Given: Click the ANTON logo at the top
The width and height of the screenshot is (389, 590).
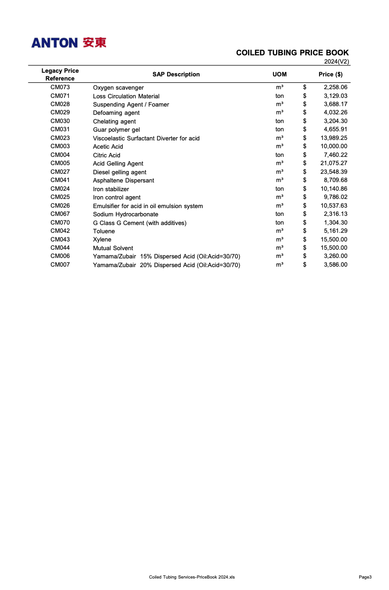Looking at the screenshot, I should tap(69, 43).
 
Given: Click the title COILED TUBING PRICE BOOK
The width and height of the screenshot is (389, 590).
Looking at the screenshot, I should tap(292, 53).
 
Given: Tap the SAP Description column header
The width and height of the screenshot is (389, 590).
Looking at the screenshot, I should tap(176, 75).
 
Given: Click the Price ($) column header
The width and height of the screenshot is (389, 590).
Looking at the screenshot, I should tap(330, 75).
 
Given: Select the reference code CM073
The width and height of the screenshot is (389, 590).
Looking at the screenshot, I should tap(60, 87).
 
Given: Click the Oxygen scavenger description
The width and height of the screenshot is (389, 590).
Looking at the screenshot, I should tap(118, 88).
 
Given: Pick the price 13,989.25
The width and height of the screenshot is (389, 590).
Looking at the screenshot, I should tap(334, 138).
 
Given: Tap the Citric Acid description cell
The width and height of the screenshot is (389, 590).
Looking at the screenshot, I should tap(107, 155).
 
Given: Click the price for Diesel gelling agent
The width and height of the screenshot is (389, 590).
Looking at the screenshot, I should tap(334, 172).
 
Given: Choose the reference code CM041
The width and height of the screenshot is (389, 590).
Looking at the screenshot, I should tap(60, 180).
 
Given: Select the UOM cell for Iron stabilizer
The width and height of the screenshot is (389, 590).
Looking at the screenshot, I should tap(279, 189).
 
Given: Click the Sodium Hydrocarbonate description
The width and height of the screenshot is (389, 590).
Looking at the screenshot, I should tap(125, 214).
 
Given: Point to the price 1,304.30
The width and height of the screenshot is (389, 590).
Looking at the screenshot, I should tap(335, 223).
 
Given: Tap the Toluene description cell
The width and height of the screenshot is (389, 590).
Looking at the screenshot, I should tap(104, 231).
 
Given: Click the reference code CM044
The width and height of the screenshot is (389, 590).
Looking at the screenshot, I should tap(60, 248).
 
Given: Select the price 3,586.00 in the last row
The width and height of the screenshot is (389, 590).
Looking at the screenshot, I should tap(335, 265).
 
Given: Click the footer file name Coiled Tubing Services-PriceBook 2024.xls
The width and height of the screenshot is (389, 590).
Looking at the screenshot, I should tap(192, 577).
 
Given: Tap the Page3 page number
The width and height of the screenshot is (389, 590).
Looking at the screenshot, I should tap(365, 577).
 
